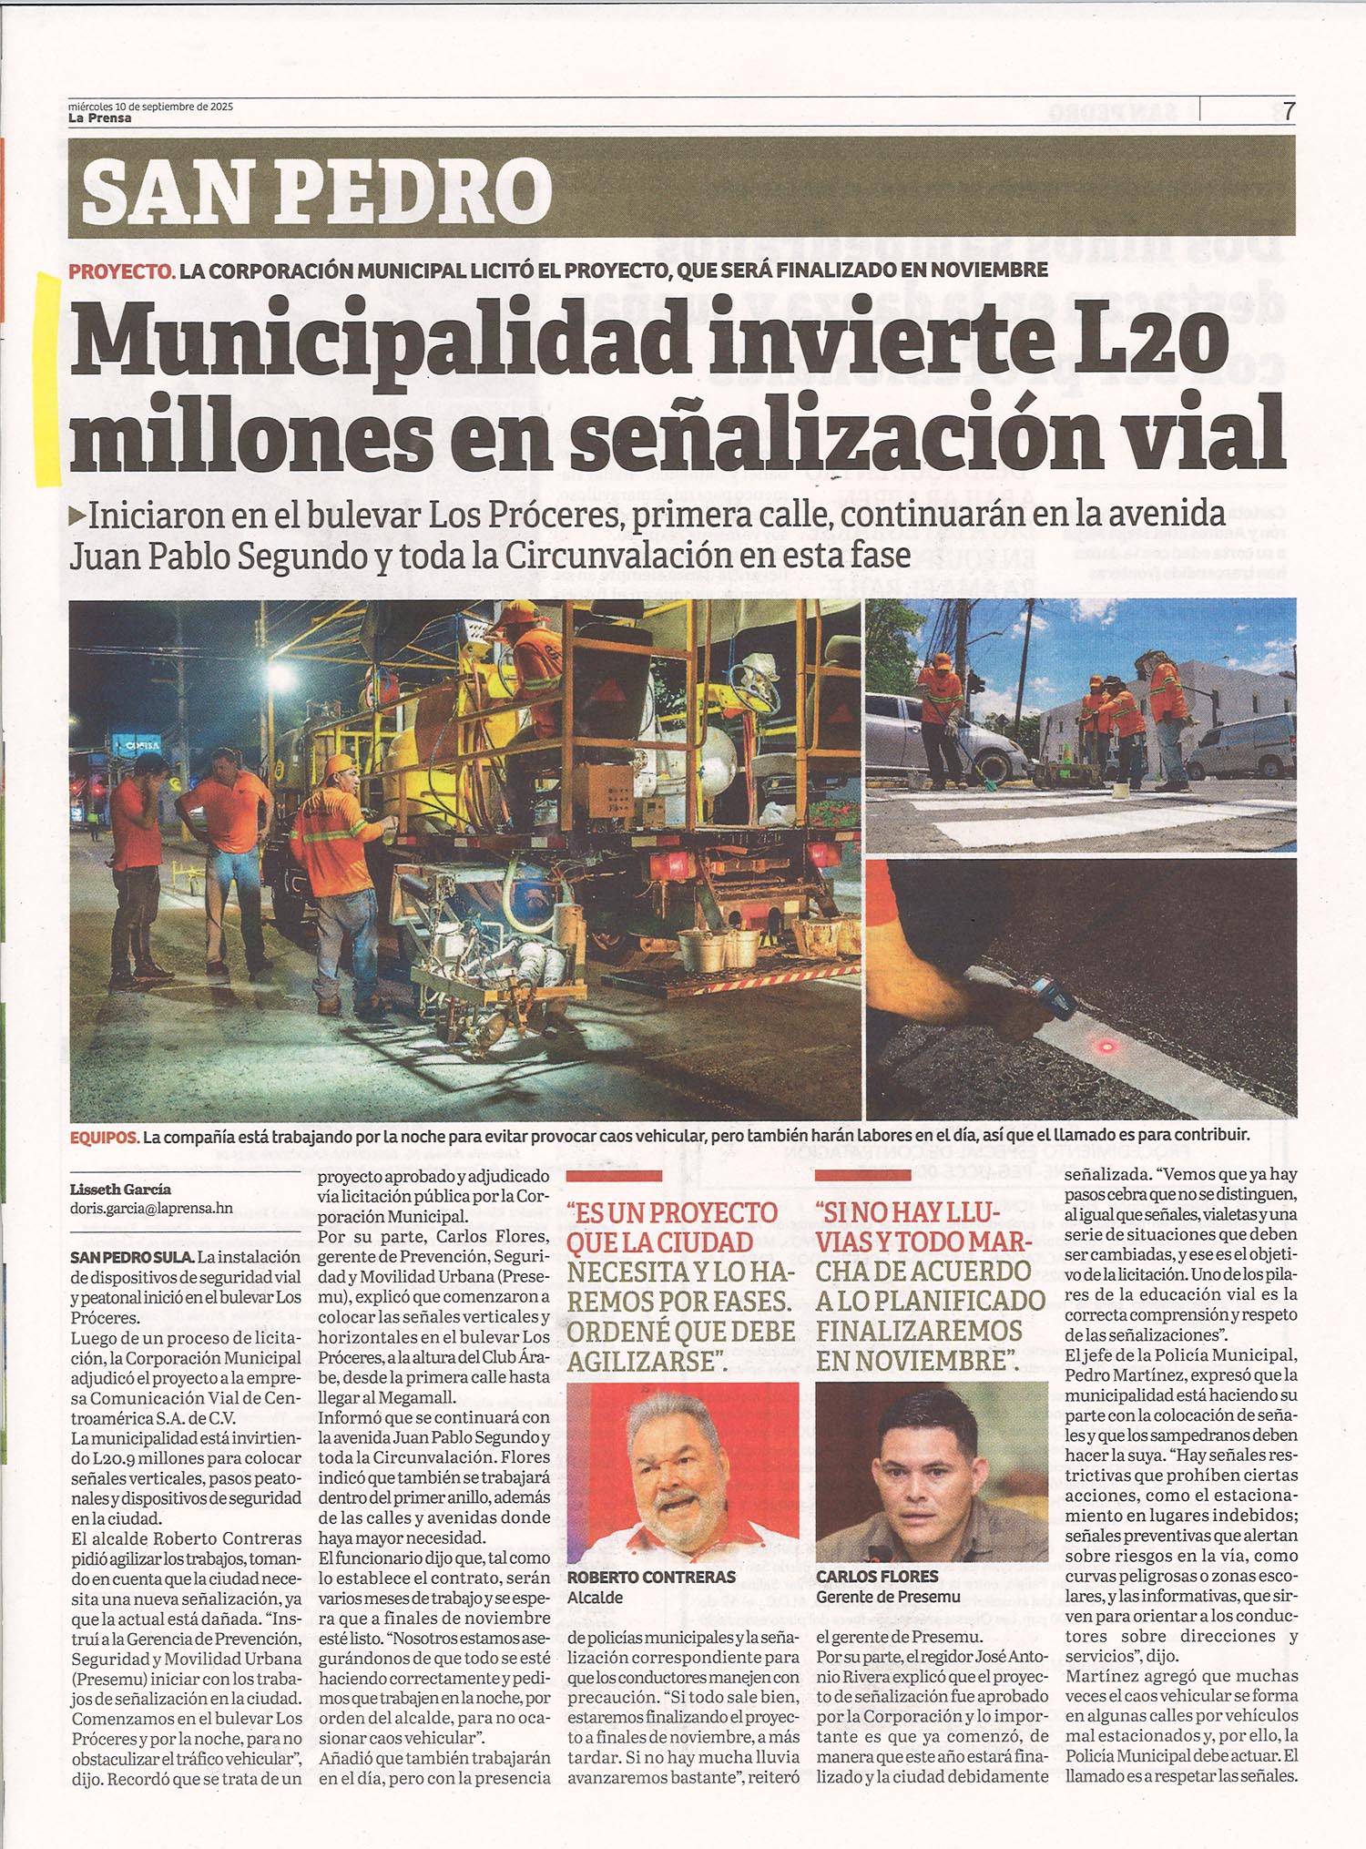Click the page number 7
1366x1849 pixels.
coord(1288,111)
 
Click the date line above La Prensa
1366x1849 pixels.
coord(150,106)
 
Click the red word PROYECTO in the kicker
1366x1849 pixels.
coord(121,271)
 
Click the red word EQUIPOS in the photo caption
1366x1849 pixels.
coord(104,1137)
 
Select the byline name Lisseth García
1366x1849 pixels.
coord(120,1190)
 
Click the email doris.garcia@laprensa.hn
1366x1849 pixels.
coord(151,1209)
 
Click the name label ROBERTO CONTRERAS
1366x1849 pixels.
coord(650,1577)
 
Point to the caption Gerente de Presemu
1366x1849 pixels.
coord(888,1597)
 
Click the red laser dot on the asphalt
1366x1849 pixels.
coord(1107,1047)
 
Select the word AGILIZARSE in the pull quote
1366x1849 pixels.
coord(640,1362)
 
